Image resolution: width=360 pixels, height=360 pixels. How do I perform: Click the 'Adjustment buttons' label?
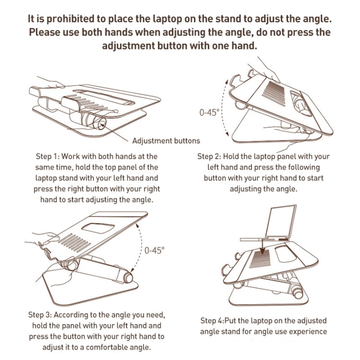[166, 141]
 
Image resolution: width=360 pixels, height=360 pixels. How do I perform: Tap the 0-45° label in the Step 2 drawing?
[209, 113]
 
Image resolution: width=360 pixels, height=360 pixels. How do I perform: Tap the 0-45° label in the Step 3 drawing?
[154, 250]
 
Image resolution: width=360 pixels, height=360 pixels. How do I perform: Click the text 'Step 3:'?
[40, 315]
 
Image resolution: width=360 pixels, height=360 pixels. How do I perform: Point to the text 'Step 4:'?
[214, 321]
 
